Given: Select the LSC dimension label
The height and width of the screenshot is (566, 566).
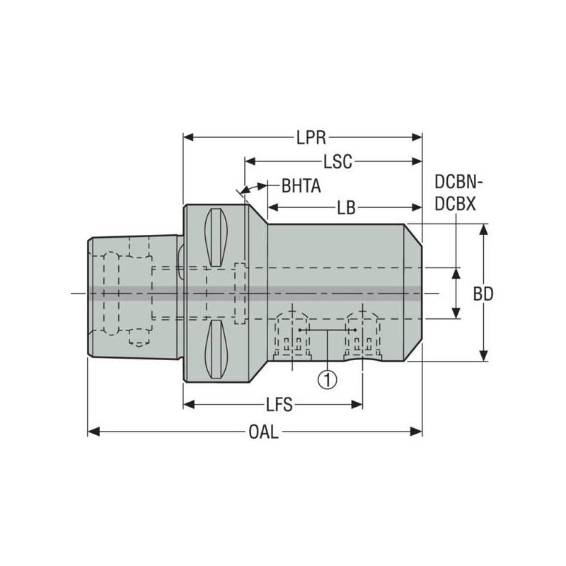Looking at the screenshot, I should (337, 161).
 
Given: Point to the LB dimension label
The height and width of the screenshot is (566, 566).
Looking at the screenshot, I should (346, 207).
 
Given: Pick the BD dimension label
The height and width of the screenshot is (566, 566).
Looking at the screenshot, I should (483, 294).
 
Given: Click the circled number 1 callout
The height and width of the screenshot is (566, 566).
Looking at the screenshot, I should (327, 379).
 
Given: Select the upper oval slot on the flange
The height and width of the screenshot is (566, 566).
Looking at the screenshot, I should (216, 238).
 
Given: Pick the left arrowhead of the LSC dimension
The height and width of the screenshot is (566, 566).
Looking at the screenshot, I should (249, 161).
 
